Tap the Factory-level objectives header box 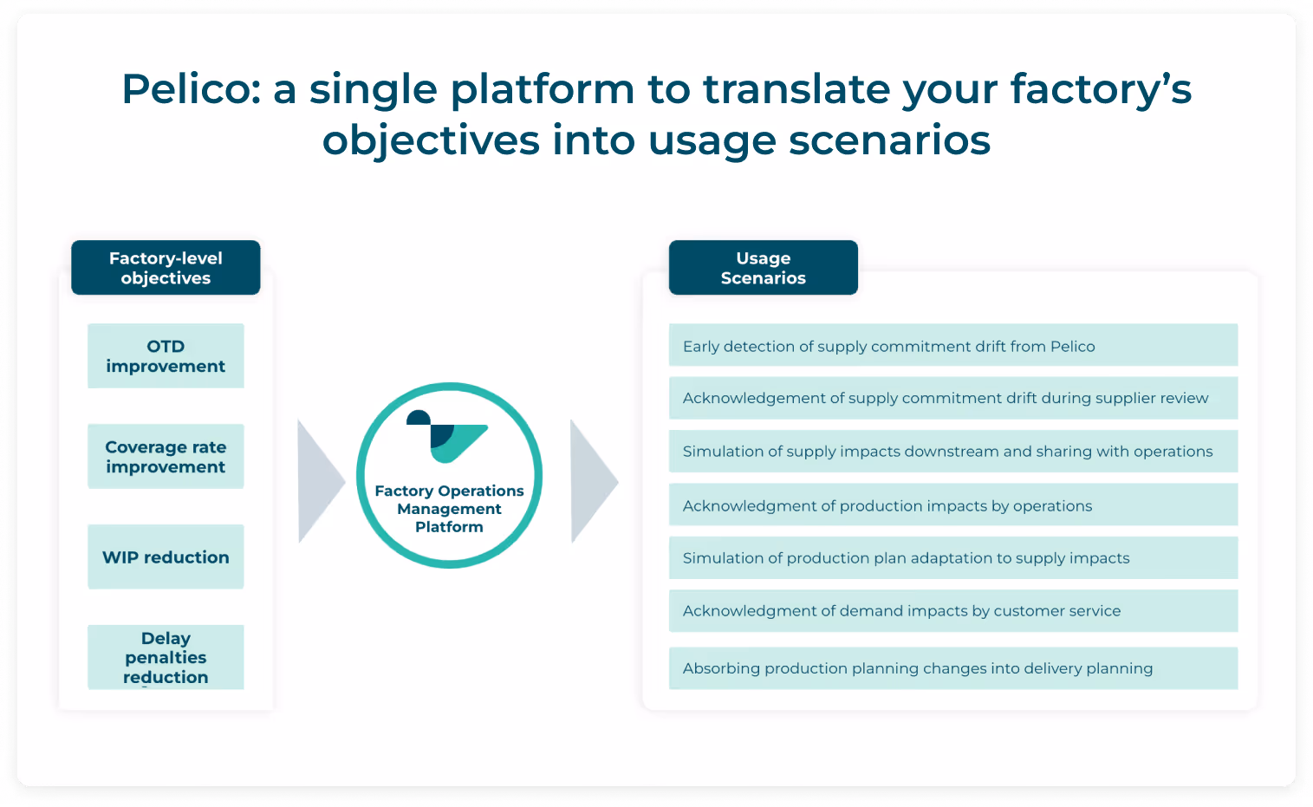coord(166,267)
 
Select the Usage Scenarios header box coord(764,267)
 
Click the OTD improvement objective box coord(166,355)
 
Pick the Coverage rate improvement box coord(166,456)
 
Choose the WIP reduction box coord(166,556)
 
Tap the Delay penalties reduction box coord(166,657)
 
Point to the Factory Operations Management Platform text coord(449,509)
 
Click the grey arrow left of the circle coord(320,481)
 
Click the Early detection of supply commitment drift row coord(953,345)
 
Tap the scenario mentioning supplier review coord(953,398)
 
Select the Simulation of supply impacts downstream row coord(953,452)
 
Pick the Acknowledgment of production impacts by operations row coord(953,504)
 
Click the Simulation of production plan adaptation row coord(953,558)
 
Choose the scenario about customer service coord(953,611)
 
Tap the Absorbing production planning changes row coord(953,668)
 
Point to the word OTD coord(166,347)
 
